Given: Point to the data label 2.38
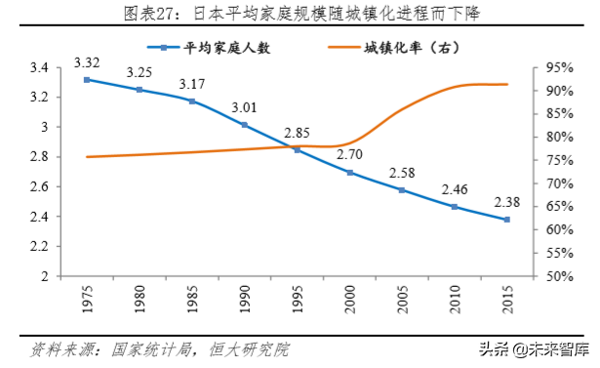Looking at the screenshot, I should tap(505, 202).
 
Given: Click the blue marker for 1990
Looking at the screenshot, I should tap(244, 125).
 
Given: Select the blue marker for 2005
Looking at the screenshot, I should tap(401, 189).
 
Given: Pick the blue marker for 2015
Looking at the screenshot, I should tap(505, 220).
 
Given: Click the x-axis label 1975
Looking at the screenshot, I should tap(88, 298).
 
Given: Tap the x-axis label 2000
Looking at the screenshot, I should tap(349, 298).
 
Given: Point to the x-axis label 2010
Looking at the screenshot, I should tap(454, 298).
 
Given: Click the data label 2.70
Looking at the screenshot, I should tap(348, 154).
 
